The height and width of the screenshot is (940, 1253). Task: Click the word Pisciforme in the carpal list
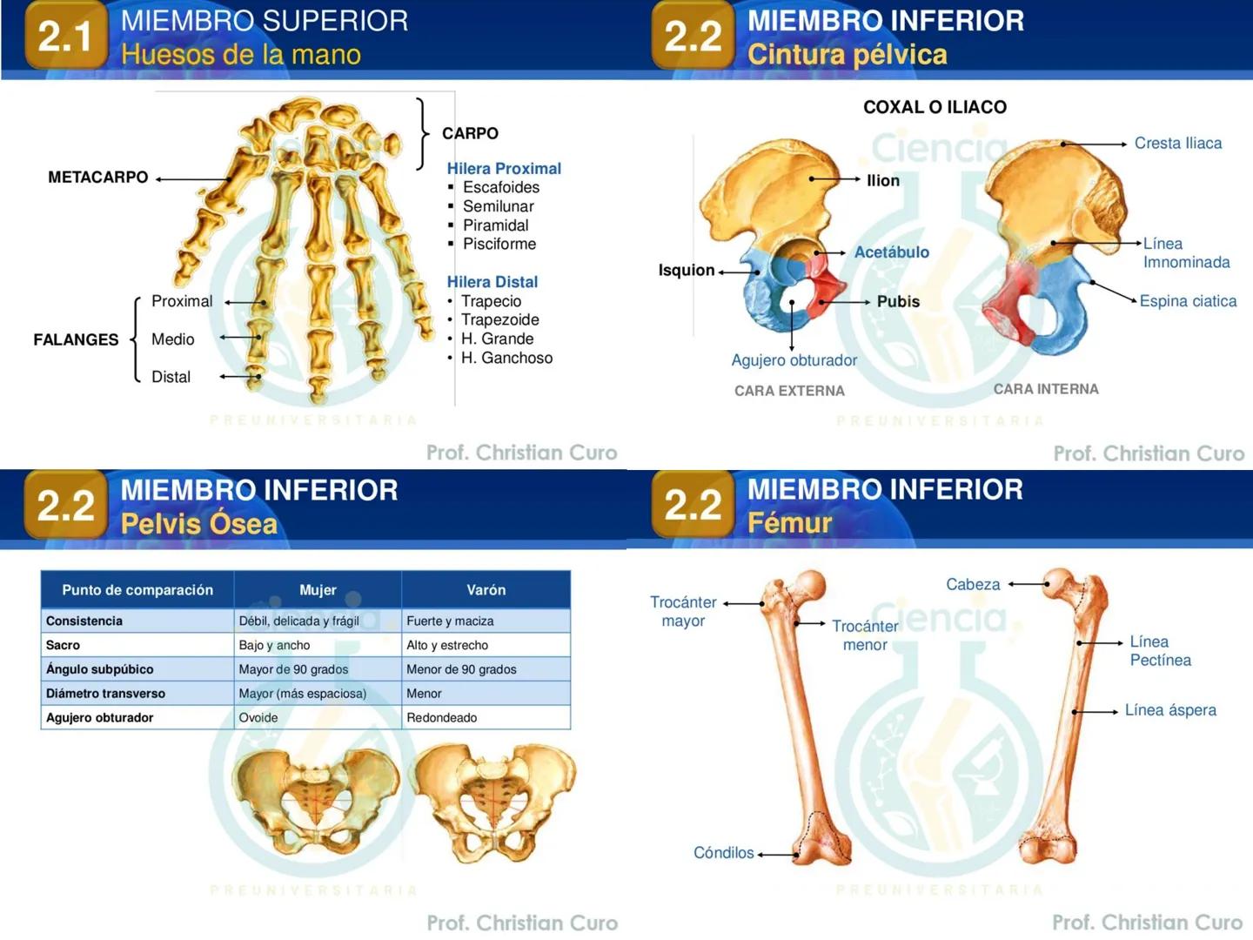tap(499, 244)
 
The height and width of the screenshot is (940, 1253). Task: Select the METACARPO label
tap(97, 177)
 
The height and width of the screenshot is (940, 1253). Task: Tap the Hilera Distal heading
tap(492, 281)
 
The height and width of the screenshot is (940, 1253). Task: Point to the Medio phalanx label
tap(172, 339)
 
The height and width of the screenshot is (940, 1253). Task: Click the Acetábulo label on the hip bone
tap(891, 252)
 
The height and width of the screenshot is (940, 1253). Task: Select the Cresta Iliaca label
tap(1177, 143)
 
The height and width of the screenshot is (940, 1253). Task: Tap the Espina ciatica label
tap(1188, 300)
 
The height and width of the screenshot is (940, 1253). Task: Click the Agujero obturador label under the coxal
tap(794, 359)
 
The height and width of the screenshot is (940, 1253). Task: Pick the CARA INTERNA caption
tap(1046, 389)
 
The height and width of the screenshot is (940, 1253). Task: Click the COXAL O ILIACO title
tap(935, 107)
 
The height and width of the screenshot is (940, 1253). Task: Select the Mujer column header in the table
tap(318, 589)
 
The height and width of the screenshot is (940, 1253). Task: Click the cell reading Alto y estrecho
tap(447, 645)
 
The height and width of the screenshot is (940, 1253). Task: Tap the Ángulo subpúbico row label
tap(99, 669)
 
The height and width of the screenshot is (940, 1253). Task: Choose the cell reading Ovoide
tap(258, 717)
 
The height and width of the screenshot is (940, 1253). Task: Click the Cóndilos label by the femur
tap(723, 852)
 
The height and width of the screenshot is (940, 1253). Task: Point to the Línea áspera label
tap(1170, 709)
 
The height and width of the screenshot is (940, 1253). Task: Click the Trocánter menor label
tap(865, 634)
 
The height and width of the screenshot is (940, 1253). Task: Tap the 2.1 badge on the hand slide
tap(65, 36)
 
